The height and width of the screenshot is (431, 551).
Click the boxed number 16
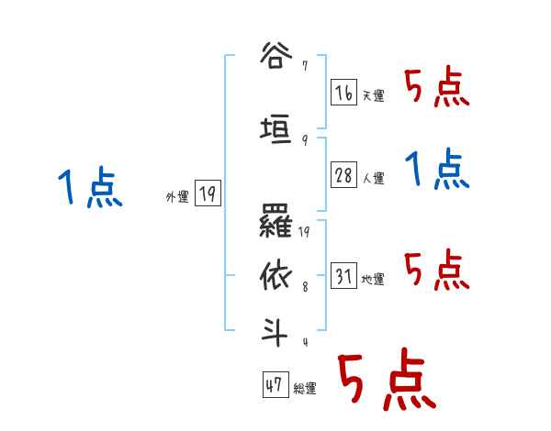pos(343,92)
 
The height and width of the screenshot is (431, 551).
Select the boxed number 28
pos(343,175)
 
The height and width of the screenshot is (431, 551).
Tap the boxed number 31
pos(343,275)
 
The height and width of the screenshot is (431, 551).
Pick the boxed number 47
pos(275,386)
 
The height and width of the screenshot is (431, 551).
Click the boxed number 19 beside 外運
pos(208,193)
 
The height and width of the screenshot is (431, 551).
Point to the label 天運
pos(373,95)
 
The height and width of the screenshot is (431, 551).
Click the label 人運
pos(373,179)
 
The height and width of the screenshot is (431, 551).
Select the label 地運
pos(373,279)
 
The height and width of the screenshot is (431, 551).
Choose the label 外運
pos(177,196)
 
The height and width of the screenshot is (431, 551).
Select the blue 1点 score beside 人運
pos(437,170)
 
